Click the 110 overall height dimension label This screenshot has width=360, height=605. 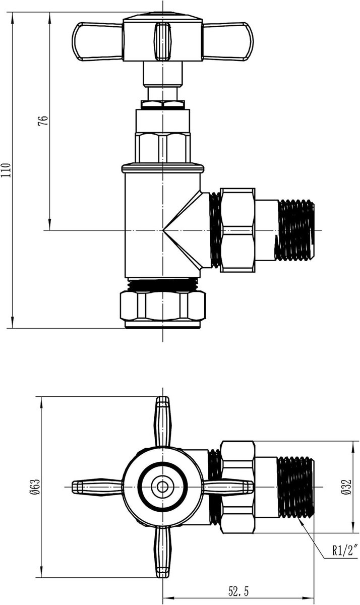6,170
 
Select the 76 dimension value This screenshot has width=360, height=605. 43,120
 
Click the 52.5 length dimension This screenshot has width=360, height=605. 238,591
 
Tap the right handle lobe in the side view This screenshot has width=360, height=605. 228,41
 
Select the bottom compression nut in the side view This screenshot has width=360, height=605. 162,306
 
